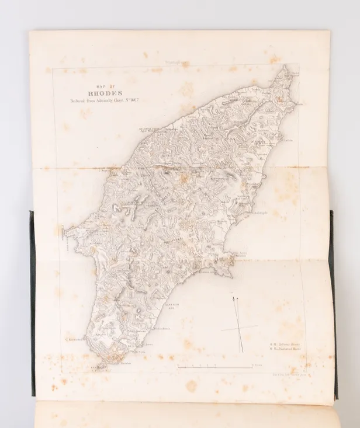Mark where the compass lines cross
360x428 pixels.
[239, 329]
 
